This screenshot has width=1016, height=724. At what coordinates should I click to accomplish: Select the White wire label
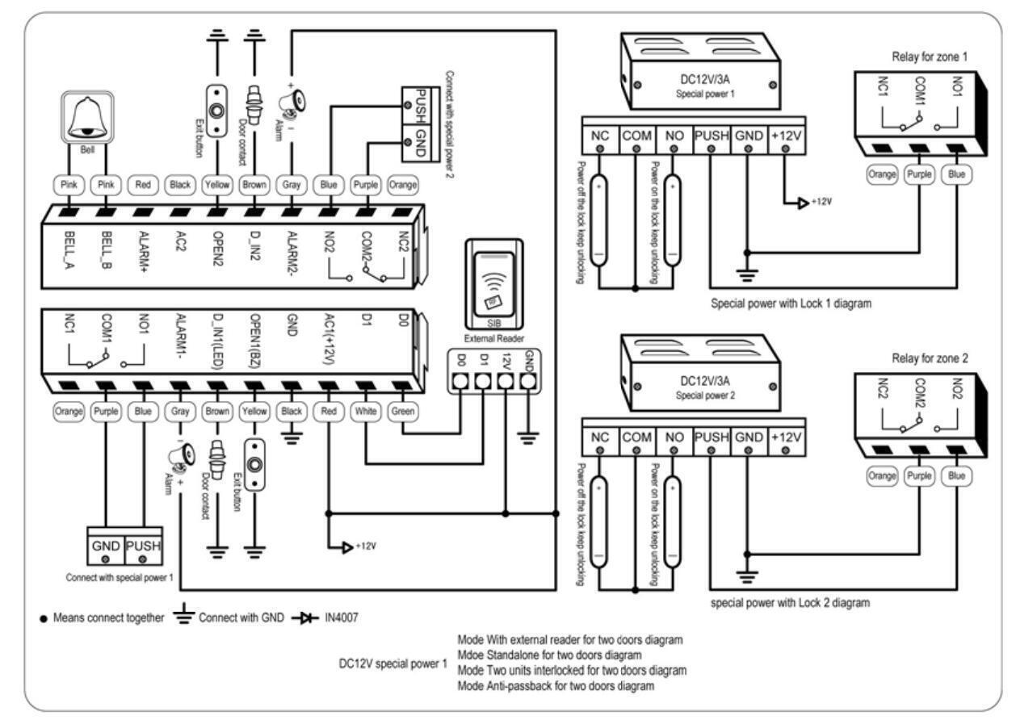click(366, 412)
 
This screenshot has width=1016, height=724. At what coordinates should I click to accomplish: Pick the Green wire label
click(402, 412)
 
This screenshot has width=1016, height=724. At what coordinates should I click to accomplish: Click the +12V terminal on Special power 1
click(785, 137)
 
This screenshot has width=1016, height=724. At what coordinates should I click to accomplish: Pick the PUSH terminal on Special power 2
click(710, 437)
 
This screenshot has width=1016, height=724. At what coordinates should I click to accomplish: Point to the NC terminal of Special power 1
click(600, 137)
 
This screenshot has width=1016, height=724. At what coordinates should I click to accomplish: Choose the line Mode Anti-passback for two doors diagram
click(556, 687)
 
